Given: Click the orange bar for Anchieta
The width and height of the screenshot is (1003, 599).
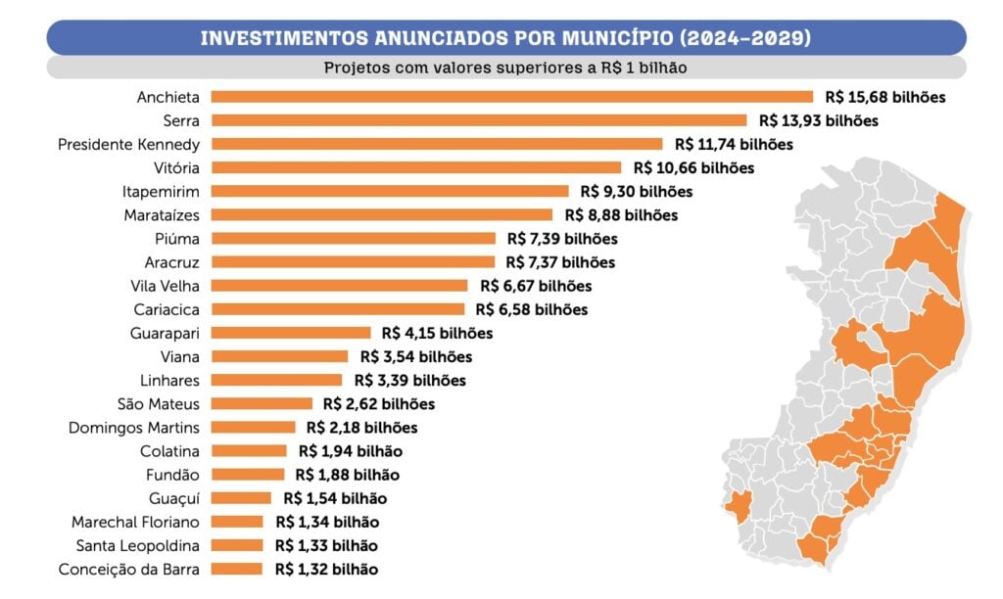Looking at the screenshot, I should (511, 97).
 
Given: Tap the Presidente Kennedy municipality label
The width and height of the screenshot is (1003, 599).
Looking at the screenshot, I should (128, 144).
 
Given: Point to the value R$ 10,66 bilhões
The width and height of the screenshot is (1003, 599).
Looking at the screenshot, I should (693, 168).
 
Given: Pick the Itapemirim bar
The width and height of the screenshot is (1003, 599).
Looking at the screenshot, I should (390, 192).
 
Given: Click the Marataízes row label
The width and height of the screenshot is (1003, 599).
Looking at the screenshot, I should (162, 215).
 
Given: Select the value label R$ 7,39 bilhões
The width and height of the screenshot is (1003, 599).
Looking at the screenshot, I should (562, 239).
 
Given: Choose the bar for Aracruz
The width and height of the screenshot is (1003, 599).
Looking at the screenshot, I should (353, 262).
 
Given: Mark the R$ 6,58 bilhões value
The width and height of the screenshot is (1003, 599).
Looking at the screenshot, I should (531, 309).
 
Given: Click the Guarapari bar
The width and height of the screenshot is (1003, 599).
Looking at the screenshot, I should (291, 333).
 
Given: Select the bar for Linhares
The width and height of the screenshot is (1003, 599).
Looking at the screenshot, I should (276, 380).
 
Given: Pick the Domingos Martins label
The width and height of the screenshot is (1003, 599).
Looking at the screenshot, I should (134, 427).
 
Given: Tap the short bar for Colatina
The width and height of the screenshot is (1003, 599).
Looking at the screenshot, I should (249, 451).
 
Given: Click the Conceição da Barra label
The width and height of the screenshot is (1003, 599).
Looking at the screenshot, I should (128, 569).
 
